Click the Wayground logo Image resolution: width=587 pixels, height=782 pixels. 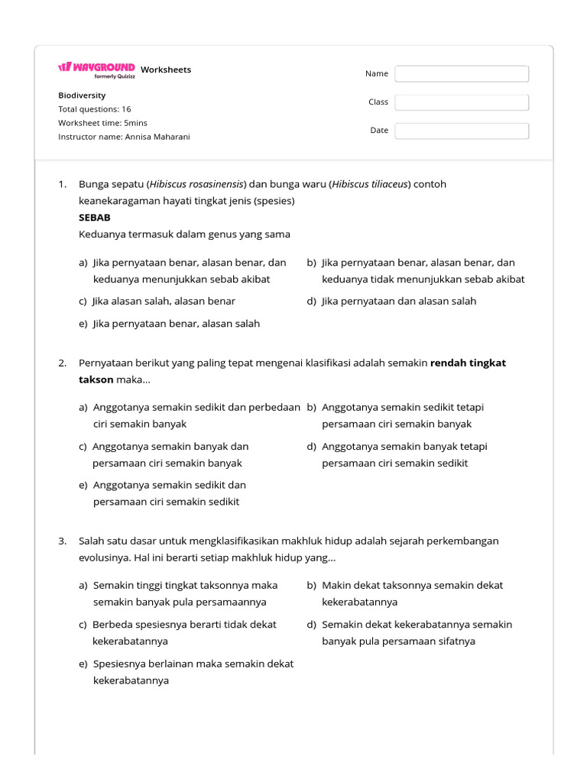96,69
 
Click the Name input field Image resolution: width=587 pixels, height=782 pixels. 462,74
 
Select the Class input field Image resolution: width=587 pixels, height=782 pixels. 462,102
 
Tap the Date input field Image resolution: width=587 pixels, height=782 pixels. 462,131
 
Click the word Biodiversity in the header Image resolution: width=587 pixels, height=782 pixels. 82,95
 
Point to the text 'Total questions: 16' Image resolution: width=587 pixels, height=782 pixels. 94,109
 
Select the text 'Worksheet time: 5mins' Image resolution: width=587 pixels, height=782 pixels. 102,123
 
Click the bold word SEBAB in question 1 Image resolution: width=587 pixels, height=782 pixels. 95,218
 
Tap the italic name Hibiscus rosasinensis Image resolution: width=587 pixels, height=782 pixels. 197,184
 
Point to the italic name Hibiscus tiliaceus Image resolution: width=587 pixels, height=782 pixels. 370,184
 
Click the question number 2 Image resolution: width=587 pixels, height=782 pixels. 63,363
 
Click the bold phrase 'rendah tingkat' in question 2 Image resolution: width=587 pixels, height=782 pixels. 468,363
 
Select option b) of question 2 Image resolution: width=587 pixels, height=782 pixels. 395,415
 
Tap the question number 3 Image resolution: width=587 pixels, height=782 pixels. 63,541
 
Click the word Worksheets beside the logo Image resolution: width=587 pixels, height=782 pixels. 166,69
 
